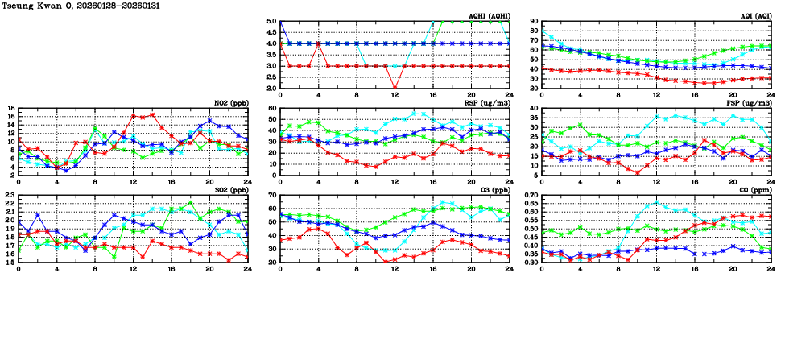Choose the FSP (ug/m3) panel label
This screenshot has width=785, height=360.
(x=749, y=103)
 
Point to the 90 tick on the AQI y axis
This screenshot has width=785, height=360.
(x=535, y=22)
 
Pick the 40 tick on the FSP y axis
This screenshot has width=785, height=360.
(x=535, y=108)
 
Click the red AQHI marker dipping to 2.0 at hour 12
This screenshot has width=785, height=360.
(x=395, y=88)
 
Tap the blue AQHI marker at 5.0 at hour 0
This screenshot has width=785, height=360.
(x=279, y=22)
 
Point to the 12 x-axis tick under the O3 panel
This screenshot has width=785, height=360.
(x=395, y=269)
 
